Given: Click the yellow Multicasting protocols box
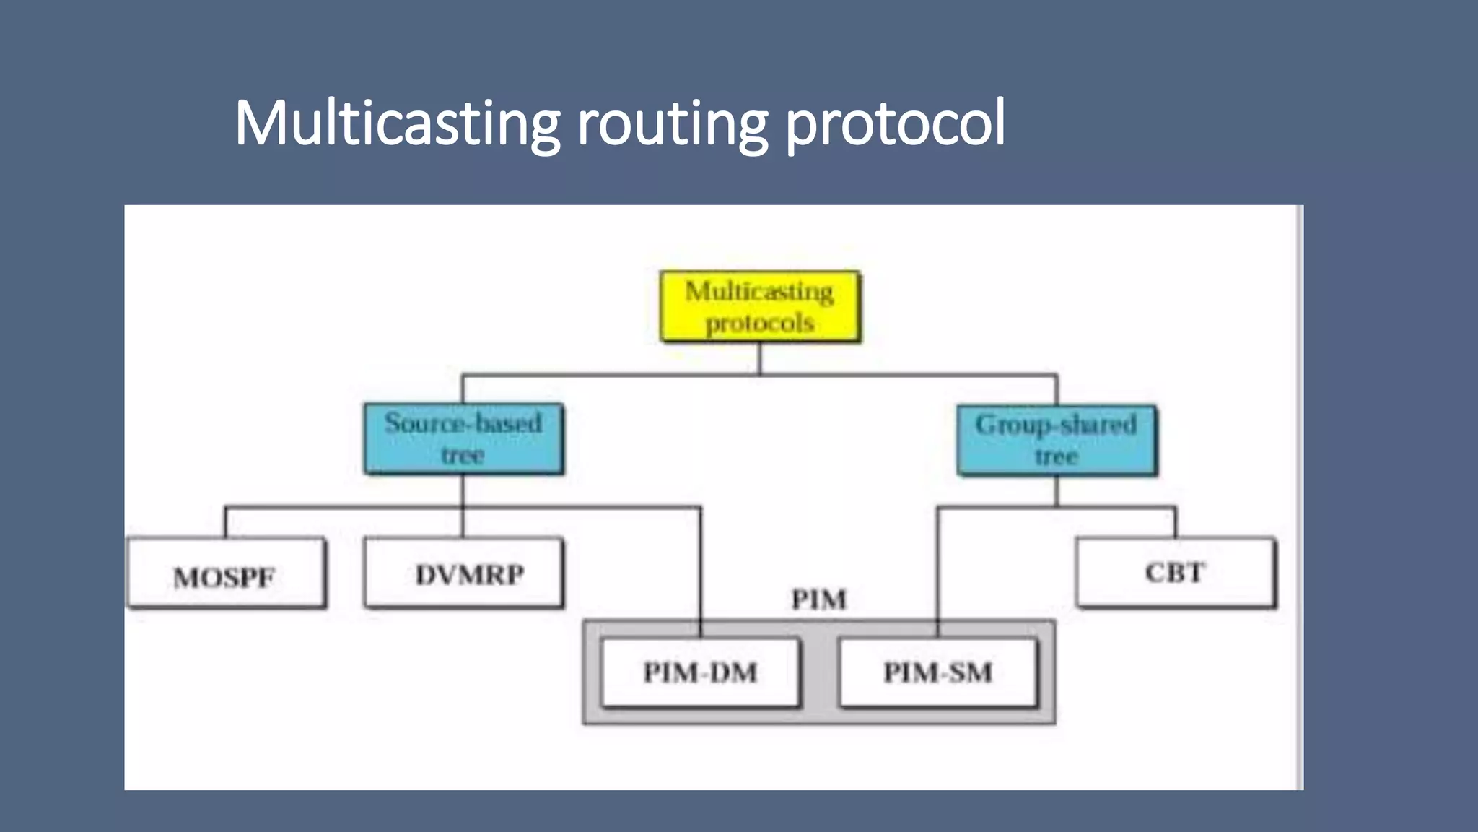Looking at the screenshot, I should pyautogui.click(x=760, y=306).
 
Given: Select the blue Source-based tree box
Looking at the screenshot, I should pyautogui.click(x=463, y=438).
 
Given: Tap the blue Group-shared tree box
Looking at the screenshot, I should pyautogui.click(x=1057, y=440).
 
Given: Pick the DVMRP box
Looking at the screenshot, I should pyautogui.click(x=463, y=573).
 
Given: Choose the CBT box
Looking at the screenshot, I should pyautogui.click(x=1175, y=573).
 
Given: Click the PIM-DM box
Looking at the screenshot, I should pyautogui.click(x=700, y=672).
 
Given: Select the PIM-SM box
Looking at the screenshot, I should pyautogui.click(x=937, y=672).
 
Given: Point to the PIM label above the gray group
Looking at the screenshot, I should pyautogui.click(x=818, y=599).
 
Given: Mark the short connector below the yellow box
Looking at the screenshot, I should pyautogui.click(x=760, y=358).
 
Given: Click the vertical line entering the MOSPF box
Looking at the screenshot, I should pyautogui.click(x=226, y=522).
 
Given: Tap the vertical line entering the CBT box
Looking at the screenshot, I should pyautogui.click(x=1175, y=522).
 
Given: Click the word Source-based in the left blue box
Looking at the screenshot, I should pyautogui.click(x=463, y=422).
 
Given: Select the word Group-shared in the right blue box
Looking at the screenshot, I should pyautogui.click(x=1057, y=424).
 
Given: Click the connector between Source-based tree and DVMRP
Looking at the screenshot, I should pyautogui.click(x=463, y=506).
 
